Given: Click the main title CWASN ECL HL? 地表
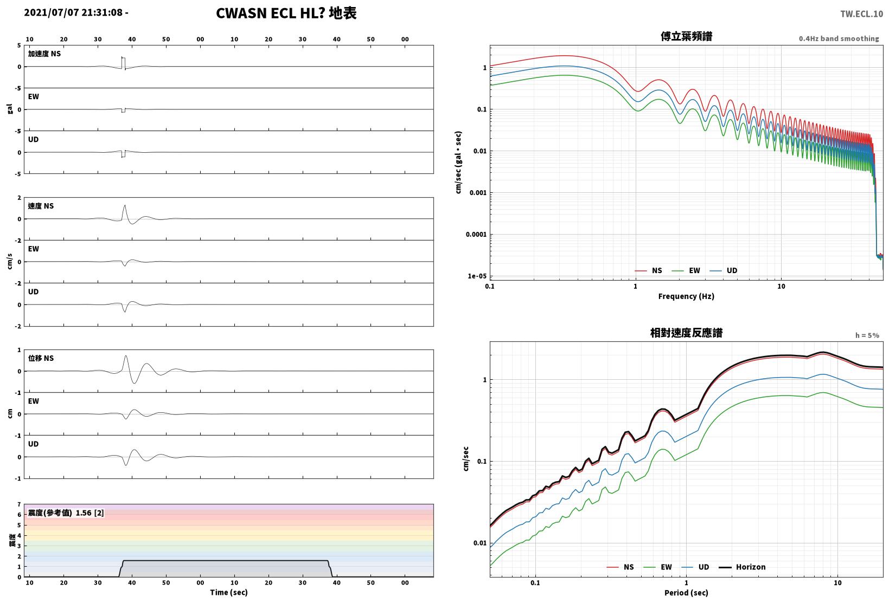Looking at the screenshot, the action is [x=286, y=13].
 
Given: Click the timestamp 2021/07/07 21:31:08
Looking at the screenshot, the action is [x=73, y=12].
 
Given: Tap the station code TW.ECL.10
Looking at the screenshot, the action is [x=862, y=14].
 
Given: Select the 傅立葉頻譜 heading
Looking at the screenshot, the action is [x=686, y=36].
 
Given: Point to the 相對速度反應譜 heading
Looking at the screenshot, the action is [x=686, y=333].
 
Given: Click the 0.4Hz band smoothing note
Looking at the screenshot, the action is [x=839, y=38].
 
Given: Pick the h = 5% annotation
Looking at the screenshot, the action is [x=867, y=335].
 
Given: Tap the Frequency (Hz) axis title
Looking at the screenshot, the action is [x=686, y=296].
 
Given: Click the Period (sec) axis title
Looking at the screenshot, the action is [x=686, y=593].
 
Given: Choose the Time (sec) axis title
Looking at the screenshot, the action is [x=228, y=592].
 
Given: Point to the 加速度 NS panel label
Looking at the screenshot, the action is [x=44, y=54].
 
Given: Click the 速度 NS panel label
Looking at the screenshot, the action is [x=41, y=206].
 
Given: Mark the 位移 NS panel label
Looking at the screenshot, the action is [x=41, y=358].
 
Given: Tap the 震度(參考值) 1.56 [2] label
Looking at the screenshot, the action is [x=66, y=513].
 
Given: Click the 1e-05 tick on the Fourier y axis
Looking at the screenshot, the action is [x=477, y=276].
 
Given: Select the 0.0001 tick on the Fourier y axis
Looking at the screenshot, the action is [x=476, y=234].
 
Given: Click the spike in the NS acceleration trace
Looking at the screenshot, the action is [x=123, y=63].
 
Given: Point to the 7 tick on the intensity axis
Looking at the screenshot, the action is [x=19, y=504].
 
